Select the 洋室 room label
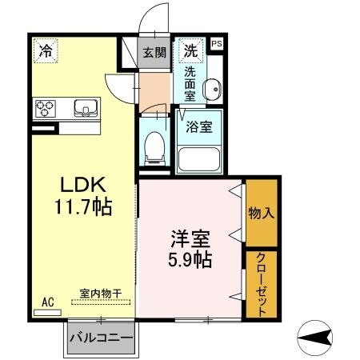190,238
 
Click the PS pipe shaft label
217,44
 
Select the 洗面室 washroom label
190,83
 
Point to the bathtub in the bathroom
198,157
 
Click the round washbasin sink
211,89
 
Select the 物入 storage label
261,214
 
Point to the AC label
47,302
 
